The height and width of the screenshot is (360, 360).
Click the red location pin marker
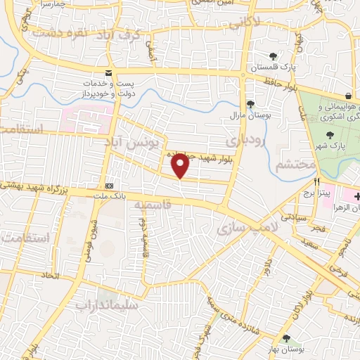[181, 165]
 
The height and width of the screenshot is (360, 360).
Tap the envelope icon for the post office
[108, 73]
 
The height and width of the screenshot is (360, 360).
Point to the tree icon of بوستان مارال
[251, 103]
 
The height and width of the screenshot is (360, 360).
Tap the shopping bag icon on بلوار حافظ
[349, 96]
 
